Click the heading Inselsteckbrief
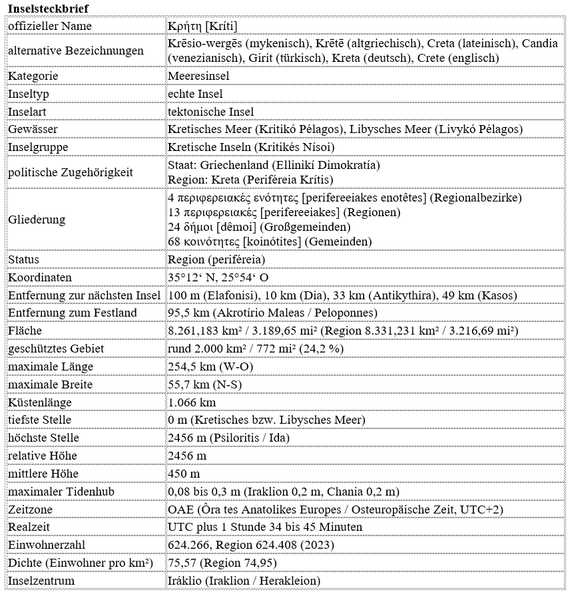click(47, 7)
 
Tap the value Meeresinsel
click(198, 76)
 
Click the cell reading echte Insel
click(195, 94)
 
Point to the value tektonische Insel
click(210, 112)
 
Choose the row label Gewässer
click(33, 129)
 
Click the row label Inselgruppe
click(38, 147)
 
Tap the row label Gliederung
click(37, 220)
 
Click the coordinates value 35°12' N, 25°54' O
click(219, 277)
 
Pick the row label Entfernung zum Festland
click(73, 313)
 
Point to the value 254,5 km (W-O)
click(210, 367)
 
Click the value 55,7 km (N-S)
click(206, 384)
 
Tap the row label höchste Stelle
click(43, 438)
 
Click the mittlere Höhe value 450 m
click(184, 474)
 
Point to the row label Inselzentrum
click(41, 581)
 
